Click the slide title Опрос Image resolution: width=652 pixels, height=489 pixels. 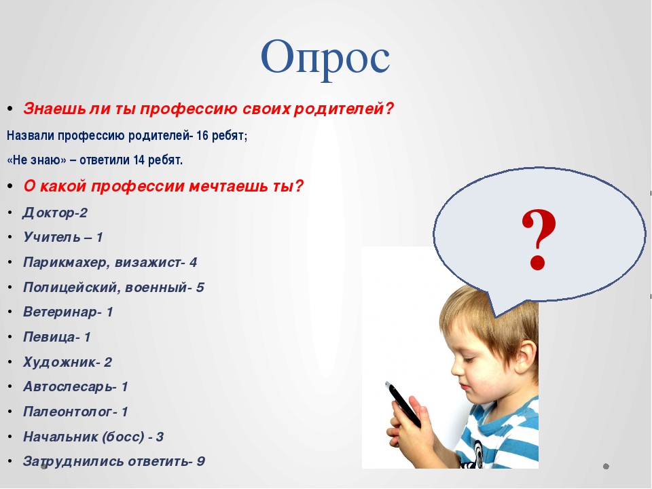pos(325,58)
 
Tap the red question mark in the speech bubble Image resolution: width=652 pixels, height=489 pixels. pos(538,238)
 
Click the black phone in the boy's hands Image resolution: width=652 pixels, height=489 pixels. pos(403,404)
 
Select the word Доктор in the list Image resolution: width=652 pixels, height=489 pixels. pos(46,213)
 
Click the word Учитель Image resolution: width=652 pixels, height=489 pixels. pos(52,237)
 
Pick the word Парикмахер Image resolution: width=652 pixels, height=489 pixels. pos(67,262)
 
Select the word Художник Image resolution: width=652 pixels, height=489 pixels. pos(59,362)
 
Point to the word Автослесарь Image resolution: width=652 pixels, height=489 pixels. pos(68,386)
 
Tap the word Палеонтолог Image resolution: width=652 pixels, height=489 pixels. pos(68,412)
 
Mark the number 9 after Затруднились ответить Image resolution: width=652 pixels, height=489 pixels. pos(201,461)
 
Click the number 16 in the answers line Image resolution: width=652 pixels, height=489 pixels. pos(202,136)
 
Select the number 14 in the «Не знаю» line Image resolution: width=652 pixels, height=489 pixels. pos(139,160)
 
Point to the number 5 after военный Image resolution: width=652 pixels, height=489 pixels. pos(200,287)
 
